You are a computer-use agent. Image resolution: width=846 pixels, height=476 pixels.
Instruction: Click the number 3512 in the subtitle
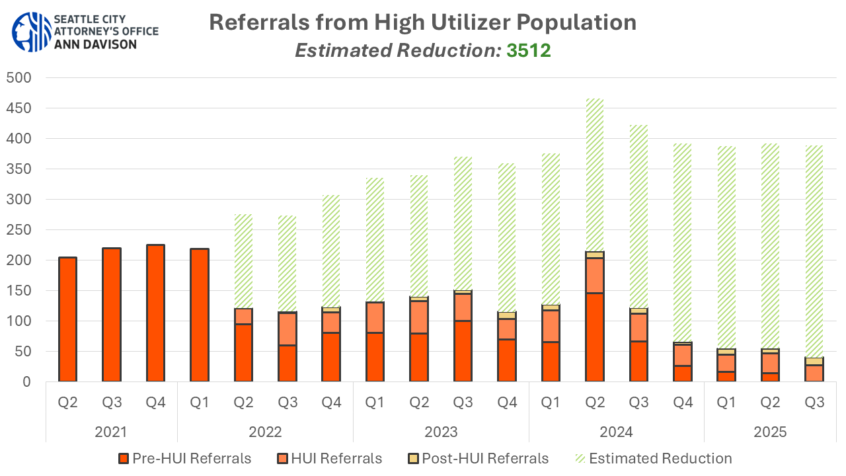529,50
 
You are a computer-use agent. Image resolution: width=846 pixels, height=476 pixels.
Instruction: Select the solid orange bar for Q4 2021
155,313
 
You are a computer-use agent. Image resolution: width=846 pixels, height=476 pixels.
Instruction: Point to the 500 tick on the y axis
19,78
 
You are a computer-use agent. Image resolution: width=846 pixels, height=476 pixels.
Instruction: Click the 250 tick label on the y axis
19,230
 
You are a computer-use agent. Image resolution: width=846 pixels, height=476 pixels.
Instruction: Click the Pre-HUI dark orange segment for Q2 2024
595,337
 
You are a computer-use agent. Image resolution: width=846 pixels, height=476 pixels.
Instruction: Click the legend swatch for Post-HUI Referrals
413,458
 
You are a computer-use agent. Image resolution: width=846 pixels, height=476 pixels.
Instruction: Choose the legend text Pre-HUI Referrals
192,458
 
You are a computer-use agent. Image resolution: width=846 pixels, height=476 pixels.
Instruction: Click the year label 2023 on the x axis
441,432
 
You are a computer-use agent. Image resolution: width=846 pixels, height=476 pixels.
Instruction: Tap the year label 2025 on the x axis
770,432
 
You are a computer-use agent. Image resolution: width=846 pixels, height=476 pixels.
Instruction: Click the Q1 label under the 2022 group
200,402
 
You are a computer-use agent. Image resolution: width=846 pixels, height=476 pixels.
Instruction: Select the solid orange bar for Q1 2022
200,315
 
